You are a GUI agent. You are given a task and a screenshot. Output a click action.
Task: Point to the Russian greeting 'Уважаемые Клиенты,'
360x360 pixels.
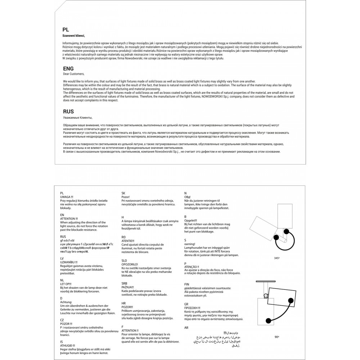tap(77, 118)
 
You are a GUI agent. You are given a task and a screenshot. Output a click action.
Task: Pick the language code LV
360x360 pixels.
tap(62, 258)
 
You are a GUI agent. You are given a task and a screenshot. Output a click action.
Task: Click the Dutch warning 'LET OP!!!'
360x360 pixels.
tap(66, 283)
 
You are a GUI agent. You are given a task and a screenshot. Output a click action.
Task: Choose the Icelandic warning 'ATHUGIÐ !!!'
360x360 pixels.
tap(68, 345)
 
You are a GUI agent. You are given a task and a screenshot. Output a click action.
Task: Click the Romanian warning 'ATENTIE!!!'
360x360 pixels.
tap(128, 241)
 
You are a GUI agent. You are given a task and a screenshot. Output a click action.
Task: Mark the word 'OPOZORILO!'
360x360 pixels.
tap(130, 264)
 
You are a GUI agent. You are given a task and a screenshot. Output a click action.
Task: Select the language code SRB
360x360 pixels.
tap(124, 283)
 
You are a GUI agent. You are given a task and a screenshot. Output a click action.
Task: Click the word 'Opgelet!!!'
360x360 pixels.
tap(190, 220)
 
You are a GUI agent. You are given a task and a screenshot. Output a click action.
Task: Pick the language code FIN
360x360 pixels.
tap(186, 284)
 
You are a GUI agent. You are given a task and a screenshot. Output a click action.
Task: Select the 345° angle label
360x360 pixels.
tap(276, 258)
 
